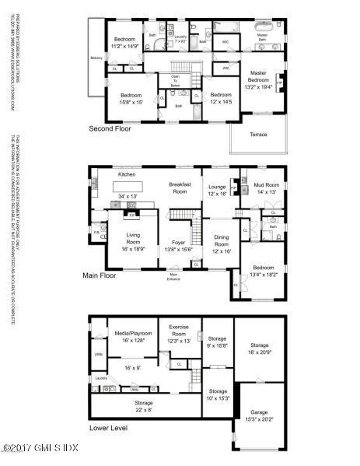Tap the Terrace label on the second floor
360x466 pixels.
click(258, 134)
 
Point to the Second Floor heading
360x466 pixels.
click(110, 128)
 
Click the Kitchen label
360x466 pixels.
click(127, 174)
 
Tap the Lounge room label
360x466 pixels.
click(215, 189)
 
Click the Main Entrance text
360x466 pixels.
click(174, 276)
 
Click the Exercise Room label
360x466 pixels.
click(180, 333)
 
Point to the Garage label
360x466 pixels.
click(258, 412)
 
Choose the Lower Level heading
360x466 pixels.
click(109, 427)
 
